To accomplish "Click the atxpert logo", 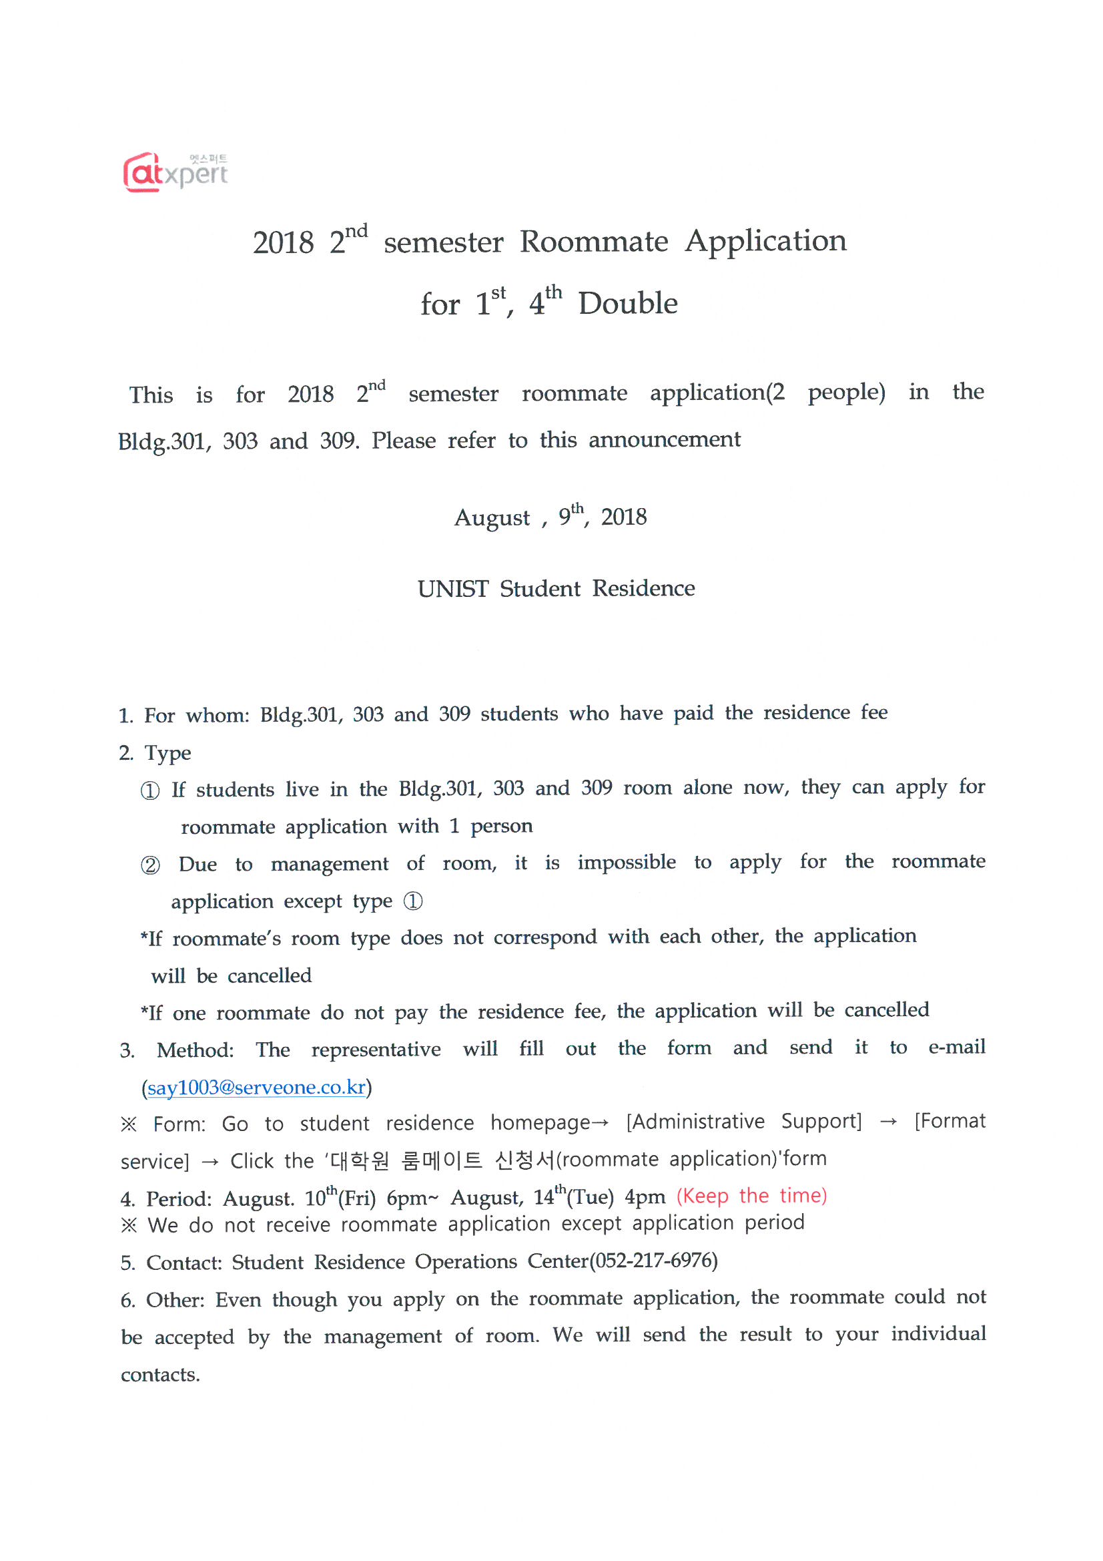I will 175,172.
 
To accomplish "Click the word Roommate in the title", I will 593,242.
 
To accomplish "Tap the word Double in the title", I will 627,303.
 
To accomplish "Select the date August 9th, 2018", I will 550,517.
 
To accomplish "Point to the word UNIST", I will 452,589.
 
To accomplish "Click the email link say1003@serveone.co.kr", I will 256,1087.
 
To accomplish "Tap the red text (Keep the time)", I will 751,1196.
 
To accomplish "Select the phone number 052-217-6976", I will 653,1261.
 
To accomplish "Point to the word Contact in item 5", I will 183,1263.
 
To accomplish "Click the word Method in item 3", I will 194,1050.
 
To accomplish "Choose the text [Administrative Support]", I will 743,1122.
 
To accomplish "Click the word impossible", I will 627,863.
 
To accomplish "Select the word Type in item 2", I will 168,753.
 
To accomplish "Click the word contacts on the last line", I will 159,1375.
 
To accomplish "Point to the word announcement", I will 664,440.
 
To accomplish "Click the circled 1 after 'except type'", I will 413,901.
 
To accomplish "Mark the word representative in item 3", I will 376,1050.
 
